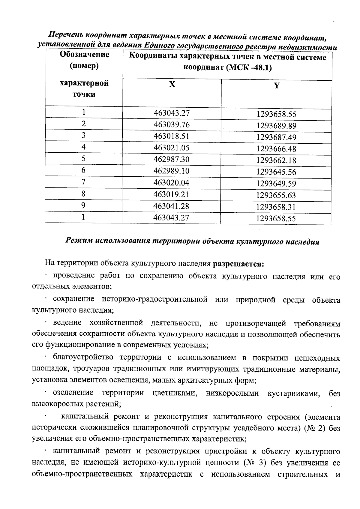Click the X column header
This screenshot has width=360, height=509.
[x=172, y=85]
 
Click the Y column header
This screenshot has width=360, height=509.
[x=277, y=86]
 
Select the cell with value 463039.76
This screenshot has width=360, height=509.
[x=172, y=124]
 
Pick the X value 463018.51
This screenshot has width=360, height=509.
[x=172, y=136]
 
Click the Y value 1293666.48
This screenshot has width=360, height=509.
[x=276, y=149]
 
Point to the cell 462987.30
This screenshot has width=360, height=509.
[x=172, y=159]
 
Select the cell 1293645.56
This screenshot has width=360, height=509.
[x=276, y=172]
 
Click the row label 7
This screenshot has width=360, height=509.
[x=83, y=182]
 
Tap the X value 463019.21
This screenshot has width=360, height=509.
[x=171, y=194]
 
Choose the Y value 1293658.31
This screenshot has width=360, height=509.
[x=276, y=207]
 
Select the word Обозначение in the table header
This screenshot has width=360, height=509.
[x=84, y=55]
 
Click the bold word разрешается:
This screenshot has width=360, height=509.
[x=238, y=264]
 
